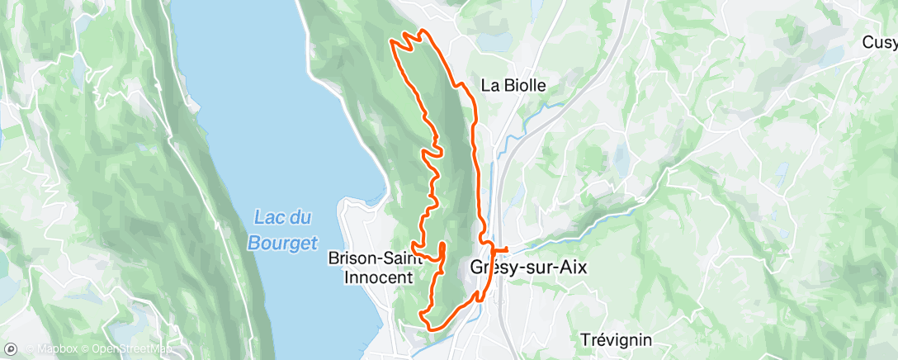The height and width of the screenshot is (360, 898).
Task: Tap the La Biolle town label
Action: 514,85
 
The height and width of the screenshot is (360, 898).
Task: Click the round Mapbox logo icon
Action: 11,348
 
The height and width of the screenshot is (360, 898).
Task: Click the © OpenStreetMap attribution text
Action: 123,349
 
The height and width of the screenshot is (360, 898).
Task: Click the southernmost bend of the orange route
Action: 431,329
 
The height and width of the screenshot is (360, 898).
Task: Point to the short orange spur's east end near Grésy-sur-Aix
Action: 506,249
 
